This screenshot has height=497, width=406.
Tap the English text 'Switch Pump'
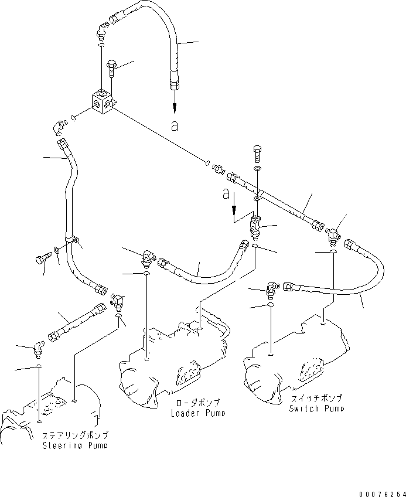coord(316,409)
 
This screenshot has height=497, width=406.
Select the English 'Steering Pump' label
coord(75,446)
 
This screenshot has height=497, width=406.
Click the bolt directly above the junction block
coord(112,70)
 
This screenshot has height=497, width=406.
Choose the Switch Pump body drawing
coord(293,352)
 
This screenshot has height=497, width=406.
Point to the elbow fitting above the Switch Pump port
coord(271,288)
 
